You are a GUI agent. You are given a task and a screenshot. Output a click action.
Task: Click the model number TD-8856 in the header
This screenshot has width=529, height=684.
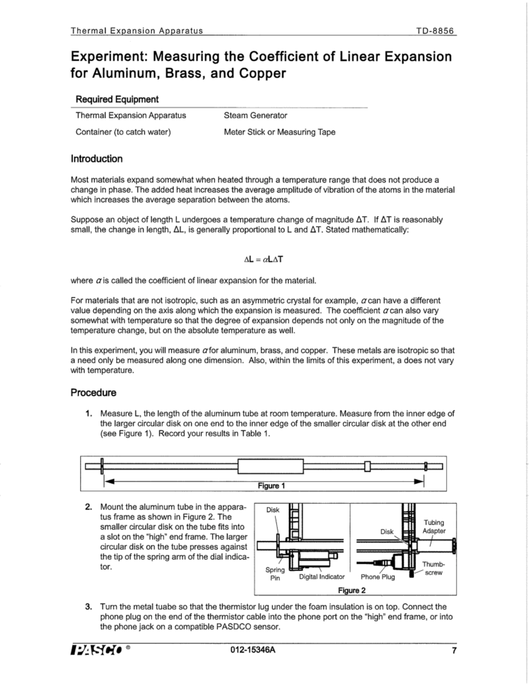(435, 31)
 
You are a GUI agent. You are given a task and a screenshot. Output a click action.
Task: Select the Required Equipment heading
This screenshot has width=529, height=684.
(117, 100)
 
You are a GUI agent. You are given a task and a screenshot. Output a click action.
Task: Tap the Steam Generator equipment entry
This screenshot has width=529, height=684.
(255, 115)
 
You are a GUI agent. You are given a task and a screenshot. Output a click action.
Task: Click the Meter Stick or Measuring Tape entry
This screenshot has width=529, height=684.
(279, 132)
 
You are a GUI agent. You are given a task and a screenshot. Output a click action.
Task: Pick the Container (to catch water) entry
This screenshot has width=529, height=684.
(123, 132)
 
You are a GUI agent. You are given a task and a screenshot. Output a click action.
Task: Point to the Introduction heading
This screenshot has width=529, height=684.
(97, 159)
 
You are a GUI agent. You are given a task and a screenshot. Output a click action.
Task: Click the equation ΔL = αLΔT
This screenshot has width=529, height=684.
(264, 259)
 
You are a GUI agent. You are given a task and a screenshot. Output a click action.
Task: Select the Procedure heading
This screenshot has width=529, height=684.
(93, 393)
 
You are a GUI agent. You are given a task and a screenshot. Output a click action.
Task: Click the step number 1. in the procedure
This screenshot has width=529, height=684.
(89, 414)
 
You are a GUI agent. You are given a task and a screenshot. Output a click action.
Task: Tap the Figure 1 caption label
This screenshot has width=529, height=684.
(271, 486)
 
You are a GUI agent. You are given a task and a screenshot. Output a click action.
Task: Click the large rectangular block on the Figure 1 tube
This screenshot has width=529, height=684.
(271, 466)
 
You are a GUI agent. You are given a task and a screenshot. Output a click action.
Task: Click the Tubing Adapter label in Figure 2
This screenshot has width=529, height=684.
(434, 527)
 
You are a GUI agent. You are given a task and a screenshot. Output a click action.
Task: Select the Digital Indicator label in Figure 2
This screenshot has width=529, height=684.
(322, 577)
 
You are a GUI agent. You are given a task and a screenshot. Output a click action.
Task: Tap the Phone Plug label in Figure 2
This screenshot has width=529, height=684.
(378, 577)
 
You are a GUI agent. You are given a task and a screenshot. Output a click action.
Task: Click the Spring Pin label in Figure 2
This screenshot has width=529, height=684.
(275, 573)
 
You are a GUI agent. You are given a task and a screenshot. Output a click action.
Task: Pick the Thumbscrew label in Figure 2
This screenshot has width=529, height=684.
(433, 568)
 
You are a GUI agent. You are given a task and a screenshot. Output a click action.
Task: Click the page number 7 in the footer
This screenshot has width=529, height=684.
(454, 650)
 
